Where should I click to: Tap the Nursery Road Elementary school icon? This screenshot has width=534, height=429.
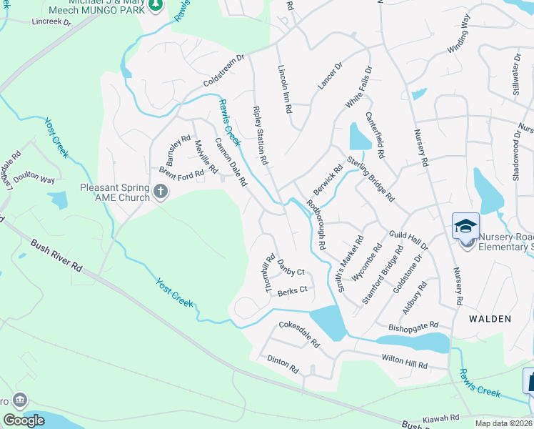tap(465, 227)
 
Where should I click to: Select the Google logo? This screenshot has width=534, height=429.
tap(24, 420)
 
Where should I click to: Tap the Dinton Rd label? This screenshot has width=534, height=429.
tap(283, 363)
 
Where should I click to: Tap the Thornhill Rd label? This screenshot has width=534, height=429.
tap(270, 274)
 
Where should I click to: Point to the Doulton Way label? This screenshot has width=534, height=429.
tap(36, 179)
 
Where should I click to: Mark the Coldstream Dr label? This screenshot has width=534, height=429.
tap(223, 70)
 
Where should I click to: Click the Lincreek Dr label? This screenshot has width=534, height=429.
tap(52, 22)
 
